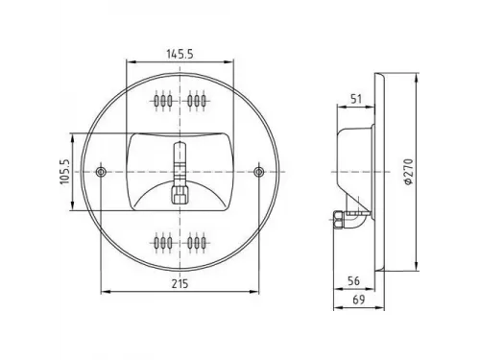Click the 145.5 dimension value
pos(180,54)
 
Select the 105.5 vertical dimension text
pos(65,172)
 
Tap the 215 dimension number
pos(180,283)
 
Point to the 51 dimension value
pos(356,99)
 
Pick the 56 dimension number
pos(353,281)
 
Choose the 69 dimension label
pos(359,300)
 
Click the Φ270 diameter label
pos(409,172)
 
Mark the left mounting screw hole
pos(101,172)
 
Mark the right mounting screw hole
pos(258,172)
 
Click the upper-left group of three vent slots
pos(163,101)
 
